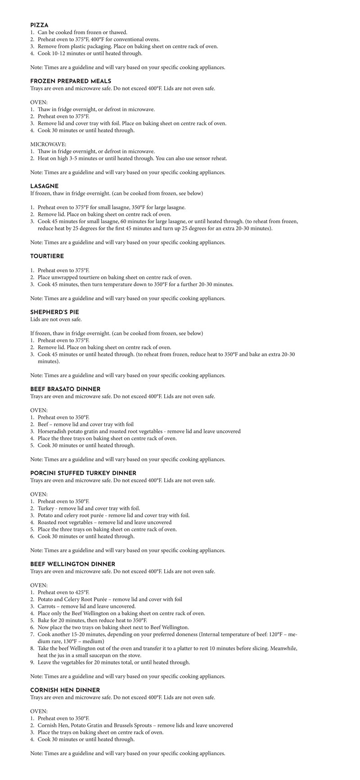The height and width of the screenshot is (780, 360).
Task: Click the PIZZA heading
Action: (39, 25)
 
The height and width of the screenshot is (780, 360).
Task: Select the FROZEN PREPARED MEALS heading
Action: (71, 81)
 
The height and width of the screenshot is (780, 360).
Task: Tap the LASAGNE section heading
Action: (44, 186)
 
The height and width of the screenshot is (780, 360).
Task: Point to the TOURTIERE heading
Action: (47, 256)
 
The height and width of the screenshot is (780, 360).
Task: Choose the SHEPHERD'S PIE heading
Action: (54, 312)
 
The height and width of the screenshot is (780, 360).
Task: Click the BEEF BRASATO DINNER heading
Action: (65, 389)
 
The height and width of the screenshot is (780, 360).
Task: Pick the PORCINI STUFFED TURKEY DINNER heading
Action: (83, 473)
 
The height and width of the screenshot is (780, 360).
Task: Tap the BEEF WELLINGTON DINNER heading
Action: (72, 564)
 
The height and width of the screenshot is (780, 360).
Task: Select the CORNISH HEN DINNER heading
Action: (65, 690)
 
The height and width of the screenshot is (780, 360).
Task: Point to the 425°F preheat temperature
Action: (82, 592)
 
